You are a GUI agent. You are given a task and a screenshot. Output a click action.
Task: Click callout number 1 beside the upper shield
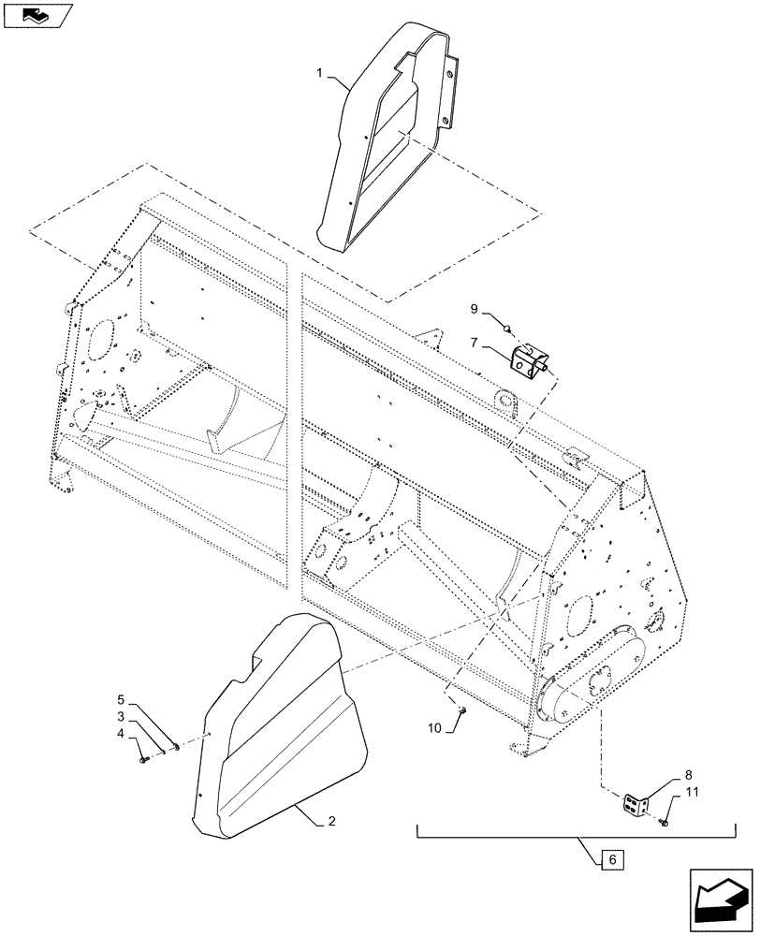(x=321, y=73)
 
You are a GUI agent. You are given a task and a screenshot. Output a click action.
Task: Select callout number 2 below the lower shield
(x=330, y=822)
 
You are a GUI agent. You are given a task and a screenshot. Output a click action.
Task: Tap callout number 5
(x=121, y=699)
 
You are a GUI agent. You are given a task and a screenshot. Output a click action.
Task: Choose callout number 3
(x=121, y=716)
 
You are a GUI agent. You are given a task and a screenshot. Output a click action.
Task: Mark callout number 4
(x=121, y=734)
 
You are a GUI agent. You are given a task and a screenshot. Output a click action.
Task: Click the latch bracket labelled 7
(x=530, y=360)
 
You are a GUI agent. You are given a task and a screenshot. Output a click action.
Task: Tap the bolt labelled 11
(x=664, y=822)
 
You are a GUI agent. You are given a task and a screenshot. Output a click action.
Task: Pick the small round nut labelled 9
(x=506, y=329)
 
